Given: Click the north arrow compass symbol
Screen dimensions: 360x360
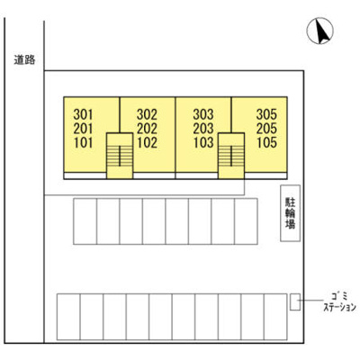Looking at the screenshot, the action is click(319, 31).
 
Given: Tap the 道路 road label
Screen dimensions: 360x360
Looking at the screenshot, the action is click(24, 60).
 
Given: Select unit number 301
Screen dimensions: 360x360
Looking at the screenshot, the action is click(83, 114).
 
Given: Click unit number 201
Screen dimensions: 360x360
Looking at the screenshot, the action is click(83, 129).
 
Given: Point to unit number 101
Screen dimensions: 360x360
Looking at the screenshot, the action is click(83, 143).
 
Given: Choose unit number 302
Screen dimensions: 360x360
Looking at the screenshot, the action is click(147, 114).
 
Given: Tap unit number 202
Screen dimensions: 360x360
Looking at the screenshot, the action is click(147, 129).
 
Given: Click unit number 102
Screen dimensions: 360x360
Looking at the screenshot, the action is click(147, 143).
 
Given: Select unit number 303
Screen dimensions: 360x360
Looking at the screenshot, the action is click(203, 114).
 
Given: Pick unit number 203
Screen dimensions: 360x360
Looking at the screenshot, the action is click(203, 129).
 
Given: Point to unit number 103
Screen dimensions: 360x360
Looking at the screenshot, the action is click(203, 143).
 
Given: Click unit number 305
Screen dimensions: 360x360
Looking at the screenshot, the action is click(266, 114).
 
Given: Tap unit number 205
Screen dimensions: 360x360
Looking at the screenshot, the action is click(266, 129).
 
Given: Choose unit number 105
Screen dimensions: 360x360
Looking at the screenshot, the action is click(266, 143).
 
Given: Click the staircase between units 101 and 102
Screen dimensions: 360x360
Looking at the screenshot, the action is click(120, 156).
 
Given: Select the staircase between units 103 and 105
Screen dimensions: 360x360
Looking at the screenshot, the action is click(231, 156).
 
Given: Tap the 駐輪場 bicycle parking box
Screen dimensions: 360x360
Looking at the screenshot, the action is click(291, 213).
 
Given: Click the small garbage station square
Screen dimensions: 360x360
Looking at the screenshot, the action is click(295, 301).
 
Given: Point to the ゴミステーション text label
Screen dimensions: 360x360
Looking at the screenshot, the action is click(339, 301).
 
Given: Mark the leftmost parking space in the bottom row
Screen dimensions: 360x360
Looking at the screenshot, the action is click(68, 317).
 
